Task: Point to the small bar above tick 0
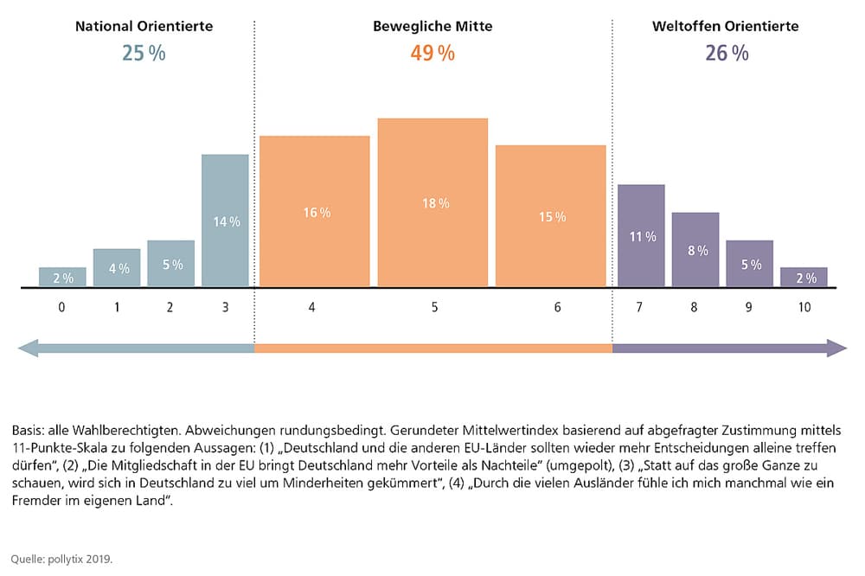(62, 277)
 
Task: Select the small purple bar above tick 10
(804, 277)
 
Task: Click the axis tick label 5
(434, 307)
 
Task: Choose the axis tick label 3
(226, 307)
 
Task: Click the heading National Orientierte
(144, 27)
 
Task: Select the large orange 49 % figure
(432, 54)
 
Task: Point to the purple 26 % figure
(726, 54)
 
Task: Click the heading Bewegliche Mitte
(432, 27)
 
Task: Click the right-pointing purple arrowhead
(836, 348)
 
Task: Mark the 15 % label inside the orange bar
(551, 217)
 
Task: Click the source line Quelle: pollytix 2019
(62, 559)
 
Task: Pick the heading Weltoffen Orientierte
(725, 27)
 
